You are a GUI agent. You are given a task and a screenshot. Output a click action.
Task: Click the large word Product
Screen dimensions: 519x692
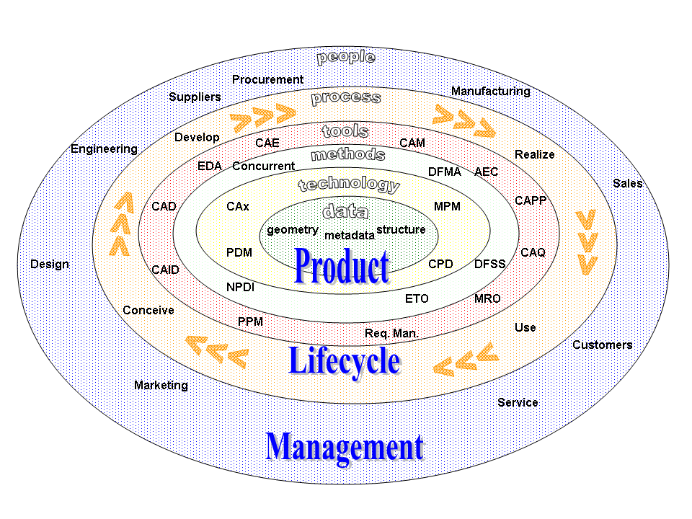tap(342, 266)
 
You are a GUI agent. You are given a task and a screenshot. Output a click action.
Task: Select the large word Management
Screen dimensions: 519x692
tap(344, 446)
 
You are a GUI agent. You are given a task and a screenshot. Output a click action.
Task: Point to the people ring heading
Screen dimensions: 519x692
tap(346, 56)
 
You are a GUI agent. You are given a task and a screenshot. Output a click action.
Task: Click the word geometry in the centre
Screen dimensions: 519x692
tap(292, 230)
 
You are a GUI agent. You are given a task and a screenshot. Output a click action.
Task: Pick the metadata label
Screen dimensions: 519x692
tap(350, 235)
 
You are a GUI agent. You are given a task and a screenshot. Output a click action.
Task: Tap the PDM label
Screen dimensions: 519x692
tap(239, 253)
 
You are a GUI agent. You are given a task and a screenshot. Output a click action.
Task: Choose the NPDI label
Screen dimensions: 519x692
tap(240, 286)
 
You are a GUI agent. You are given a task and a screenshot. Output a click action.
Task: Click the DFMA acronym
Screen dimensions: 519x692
tap(444, 172)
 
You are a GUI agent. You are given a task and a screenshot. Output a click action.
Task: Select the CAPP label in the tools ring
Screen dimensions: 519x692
tap(531, 200)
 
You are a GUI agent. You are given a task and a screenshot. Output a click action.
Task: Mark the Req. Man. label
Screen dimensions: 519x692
tap(391, 333)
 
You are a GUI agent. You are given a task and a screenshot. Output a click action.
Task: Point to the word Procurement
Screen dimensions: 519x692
tap(267, 79)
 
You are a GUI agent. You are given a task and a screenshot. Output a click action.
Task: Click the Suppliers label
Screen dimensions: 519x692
tap(195, 97)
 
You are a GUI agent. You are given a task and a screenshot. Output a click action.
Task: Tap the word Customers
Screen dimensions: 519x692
tap(602, 345)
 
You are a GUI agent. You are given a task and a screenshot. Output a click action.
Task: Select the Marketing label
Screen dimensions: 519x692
tap(161, 385)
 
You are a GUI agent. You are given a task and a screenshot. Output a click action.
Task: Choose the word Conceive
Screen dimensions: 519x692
tap(148, 310)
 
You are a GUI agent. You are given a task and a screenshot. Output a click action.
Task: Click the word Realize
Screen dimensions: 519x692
tap(534, 154)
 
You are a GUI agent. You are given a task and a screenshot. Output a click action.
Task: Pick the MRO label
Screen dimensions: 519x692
tap(487, 298)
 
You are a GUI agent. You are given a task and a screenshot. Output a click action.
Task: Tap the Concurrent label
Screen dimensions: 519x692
tap(263, 167)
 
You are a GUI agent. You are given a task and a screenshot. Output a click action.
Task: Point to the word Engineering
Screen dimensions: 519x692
tap(104, 149)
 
